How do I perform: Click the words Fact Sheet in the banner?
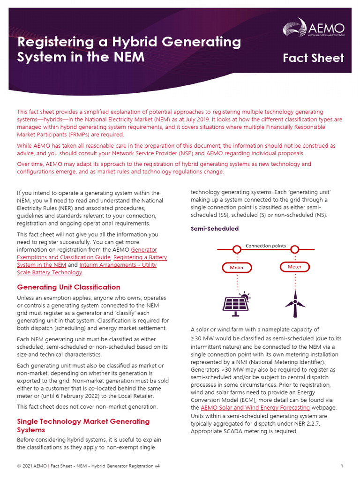tap(313, 58)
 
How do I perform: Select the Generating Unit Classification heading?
tap(68, 287)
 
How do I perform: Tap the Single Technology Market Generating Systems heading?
tap(83, 425)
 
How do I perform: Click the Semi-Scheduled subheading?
tap(214, 229)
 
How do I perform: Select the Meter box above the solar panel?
tap(236, 268)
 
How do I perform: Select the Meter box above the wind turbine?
tap(294, 267)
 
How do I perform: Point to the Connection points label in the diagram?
tap(266, 246)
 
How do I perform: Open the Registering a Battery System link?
tap(140, 257)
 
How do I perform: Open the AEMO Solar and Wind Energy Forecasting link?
tap(255, 408)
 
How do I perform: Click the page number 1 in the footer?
tap(342, 466)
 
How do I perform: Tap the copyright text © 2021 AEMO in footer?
tap(32, 466)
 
